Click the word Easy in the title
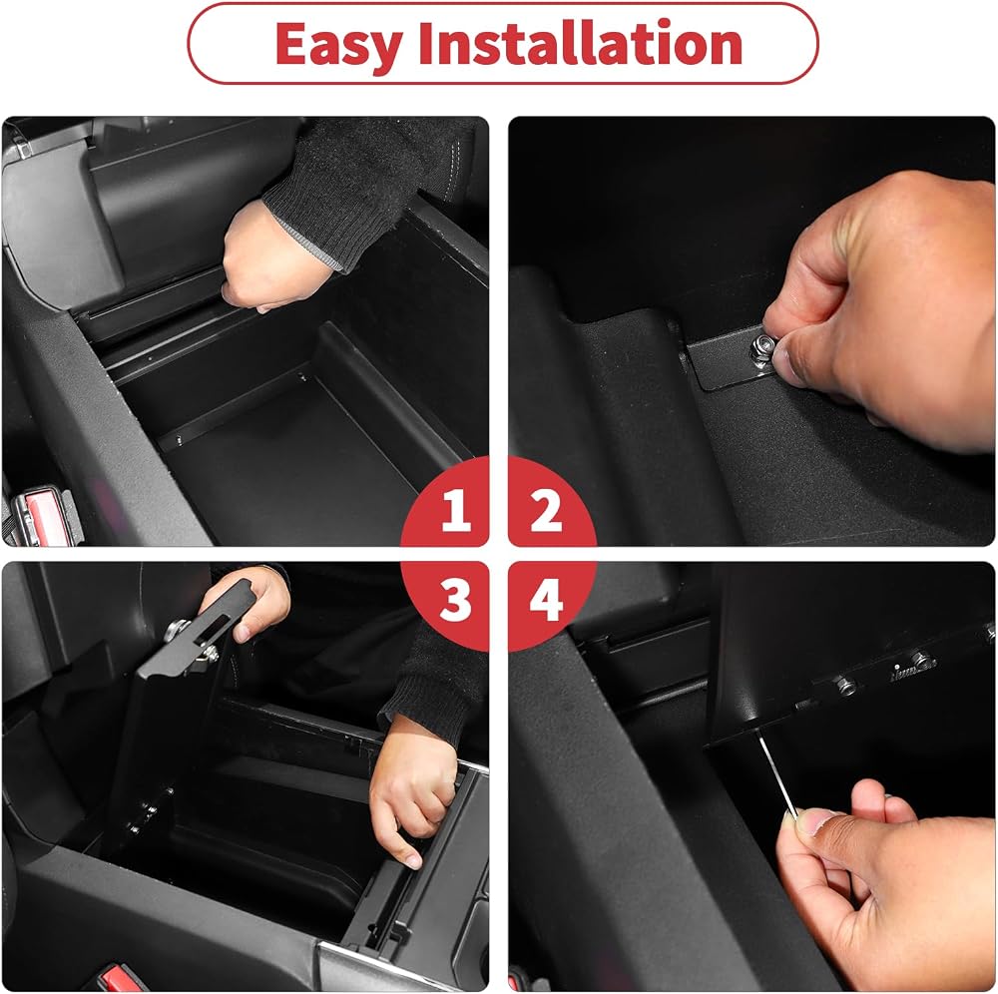click(x=338, y=45)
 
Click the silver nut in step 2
click(x=762, y=347)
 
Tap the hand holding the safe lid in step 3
click(x=254, y=602)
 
